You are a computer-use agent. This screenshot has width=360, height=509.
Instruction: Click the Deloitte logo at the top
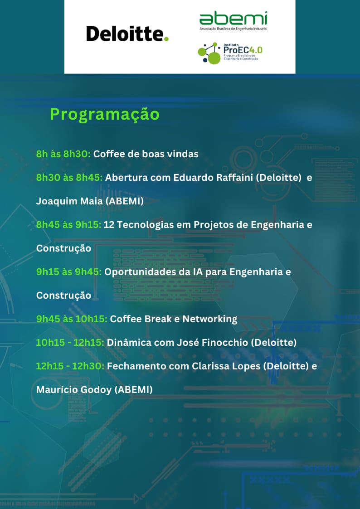pyautogui.click(x=127, y=34)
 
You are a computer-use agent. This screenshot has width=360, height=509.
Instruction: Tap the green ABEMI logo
pyautogui.click(x=233, y=21)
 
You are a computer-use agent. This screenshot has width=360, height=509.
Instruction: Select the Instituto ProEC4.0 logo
pyautogui.click(x=230, y=53)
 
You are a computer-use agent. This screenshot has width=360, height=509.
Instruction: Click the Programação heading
pyautogui.click(x=105, y=114)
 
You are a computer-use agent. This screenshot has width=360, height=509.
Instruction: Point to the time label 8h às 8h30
pyautogui.click(x=63, y=154)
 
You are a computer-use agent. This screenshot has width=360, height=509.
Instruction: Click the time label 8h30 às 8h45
pyautogui.click(x=69, y=178)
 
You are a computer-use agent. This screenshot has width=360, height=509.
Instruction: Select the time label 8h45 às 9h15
pyautogui.click(x=69, y=225)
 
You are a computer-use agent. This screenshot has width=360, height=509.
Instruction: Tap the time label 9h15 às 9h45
pyautogui.click(x=69, y=271)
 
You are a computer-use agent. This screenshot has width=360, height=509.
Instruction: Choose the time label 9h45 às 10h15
pyautogui.click(x=72, y=319)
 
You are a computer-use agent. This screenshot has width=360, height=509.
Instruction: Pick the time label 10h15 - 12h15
pyautogui.click(x=70, y=343)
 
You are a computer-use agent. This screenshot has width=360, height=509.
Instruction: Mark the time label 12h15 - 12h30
pyautogui.click(x=70, y=366)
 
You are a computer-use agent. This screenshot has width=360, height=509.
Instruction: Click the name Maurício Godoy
pyautogui.click(x=74, y=390)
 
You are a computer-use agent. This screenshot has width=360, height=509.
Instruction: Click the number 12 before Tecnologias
pyautogui.click(x=109, y=225)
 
